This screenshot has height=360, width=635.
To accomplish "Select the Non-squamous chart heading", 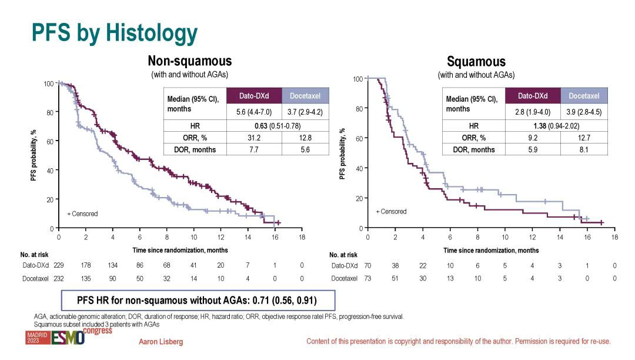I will [189, 61].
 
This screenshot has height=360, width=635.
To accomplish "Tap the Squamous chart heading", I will [476, 62].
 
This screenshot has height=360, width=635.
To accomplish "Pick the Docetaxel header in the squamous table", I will [584, 96].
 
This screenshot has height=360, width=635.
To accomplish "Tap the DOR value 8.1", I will [584, 149].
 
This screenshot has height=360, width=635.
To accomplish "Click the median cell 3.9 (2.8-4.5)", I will [584, 111].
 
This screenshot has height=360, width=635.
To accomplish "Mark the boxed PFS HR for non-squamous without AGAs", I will [197, 301].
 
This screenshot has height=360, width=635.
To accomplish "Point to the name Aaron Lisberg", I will [162, 342].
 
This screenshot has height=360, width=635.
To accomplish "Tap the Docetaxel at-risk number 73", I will [367, 278].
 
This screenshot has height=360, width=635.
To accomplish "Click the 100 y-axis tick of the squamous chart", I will [357, 79].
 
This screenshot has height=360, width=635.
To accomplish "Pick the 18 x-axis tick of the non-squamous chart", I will [302, 237].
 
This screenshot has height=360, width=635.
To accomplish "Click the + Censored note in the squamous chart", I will [391, 211].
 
